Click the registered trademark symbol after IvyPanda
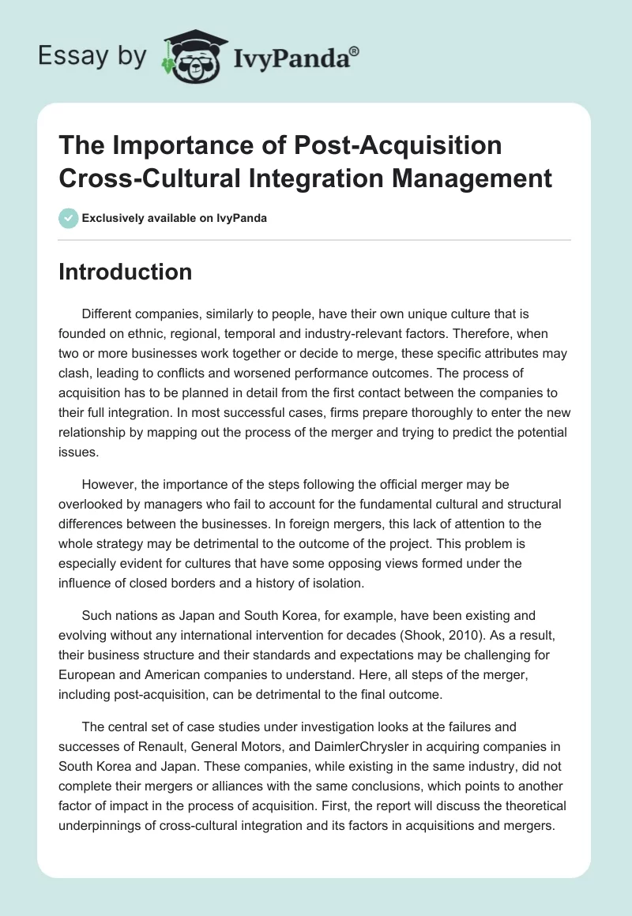pos(355,51)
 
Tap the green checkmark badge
pos(68,218)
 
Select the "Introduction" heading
pos(126,272)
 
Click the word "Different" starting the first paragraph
pos(110,313)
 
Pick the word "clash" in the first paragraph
pos(77,375)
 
